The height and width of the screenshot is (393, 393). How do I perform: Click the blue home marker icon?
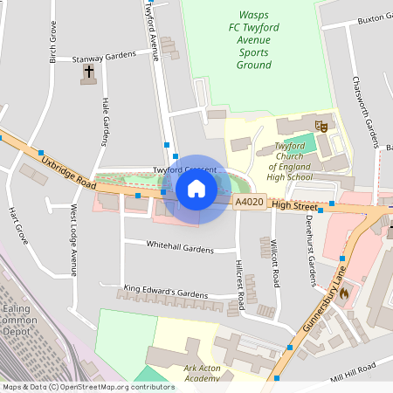coord(196,189)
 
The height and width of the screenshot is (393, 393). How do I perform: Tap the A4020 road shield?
coord(250,203)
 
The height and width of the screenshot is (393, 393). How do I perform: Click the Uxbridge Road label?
coord(66,169)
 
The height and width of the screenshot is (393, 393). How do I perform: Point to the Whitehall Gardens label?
coord(180,248)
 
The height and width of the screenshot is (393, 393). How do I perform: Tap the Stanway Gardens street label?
coord(105,57)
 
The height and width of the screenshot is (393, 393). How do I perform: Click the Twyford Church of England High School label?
coord(289,161)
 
